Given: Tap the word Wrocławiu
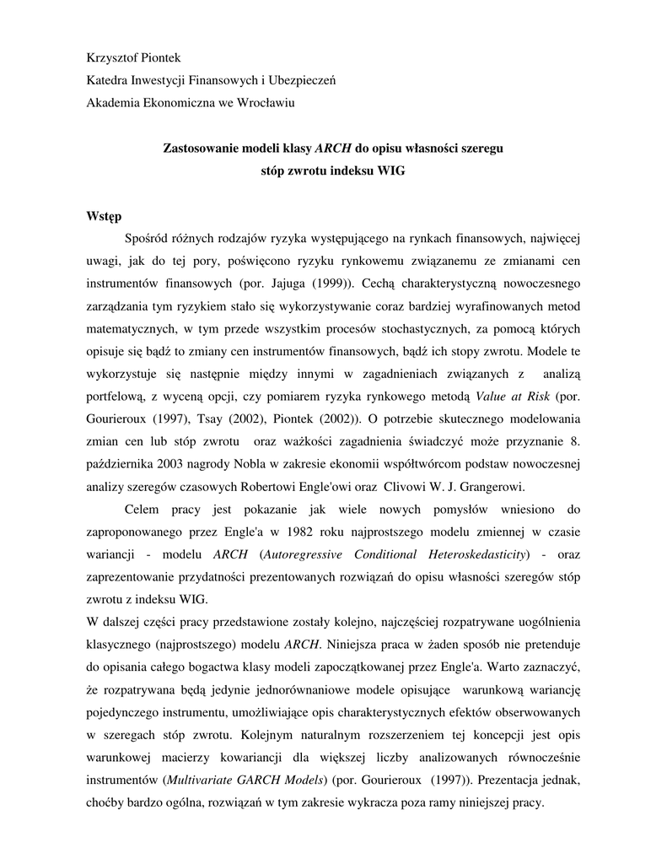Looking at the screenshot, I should (267, 103).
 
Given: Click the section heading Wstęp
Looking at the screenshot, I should (105, 216).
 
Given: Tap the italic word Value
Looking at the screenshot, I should (493, 395).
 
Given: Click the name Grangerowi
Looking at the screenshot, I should (482, 486).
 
